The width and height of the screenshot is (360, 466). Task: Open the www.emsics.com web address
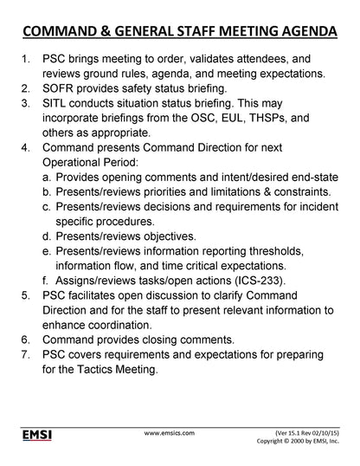click(x=169, y=430)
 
